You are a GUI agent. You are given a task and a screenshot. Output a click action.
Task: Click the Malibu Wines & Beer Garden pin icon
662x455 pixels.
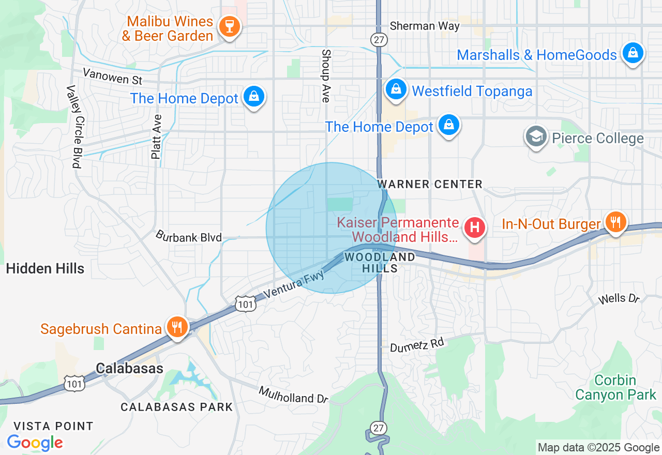pyautogui.click(x=228, y=27)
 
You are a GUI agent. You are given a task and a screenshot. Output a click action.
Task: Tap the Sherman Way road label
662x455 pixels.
pyautogui.click(x=425, y=26)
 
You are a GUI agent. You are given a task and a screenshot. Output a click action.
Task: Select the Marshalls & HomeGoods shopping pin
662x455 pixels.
pyautogui.click(x=632, y=53)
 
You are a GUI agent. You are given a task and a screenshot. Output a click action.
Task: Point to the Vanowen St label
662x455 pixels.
pyautogui.click(x=112, y=77)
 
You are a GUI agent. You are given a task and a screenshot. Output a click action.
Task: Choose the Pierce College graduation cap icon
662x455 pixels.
pyautogui.click(x=536, y=137)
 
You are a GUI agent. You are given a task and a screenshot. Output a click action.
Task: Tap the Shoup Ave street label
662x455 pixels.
pyautogui.click(x=326, y=75)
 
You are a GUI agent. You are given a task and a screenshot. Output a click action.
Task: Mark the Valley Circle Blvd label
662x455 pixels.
pyautogui.click(x=75, y=127)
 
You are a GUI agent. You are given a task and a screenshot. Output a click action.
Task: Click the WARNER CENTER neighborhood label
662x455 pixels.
pyautogui.click(x=430, y=184)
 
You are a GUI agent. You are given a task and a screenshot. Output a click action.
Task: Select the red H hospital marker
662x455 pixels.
pyautogui.click(x=475, y=228)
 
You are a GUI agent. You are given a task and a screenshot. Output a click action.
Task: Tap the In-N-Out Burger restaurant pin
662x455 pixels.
pyautogui.click(x=614, y=222)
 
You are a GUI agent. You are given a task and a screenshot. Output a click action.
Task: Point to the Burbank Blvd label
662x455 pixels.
pyautogui.click(x=189, y=237)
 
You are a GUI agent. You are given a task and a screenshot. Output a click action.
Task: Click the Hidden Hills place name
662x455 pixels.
pyautogui.click(x=45, y=269)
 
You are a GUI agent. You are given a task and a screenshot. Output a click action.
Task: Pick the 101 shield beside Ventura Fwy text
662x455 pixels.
pyautogui.click(x=245, y=304)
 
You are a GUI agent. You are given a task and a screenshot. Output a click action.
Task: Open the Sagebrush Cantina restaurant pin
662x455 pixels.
pyautogui.click(x=177, y=327)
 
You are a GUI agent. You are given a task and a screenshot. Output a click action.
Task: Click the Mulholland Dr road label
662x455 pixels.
pyautogui.click(x=293, y=395)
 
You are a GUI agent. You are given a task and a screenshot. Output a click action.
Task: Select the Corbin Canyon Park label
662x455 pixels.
pyautogui.click(x=615, y=388)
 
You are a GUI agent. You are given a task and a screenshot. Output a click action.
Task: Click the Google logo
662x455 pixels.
pyautogui.click(x=35, y=443)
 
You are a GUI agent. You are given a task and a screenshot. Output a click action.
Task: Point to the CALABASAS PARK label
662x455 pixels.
pyautogui.click(x=177, y=407)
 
